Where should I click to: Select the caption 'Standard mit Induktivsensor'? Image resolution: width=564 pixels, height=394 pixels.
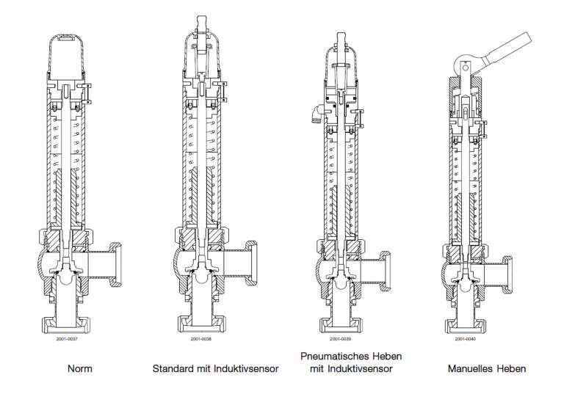tap(215, 369)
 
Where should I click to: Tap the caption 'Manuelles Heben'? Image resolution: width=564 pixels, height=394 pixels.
tap(486, 369)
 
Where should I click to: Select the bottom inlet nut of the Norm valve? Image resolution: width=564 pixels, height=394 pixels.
tap(67, 323)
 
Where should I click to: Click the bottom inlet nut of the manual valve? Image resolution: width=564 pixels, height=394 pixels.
tap(466, 323)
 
